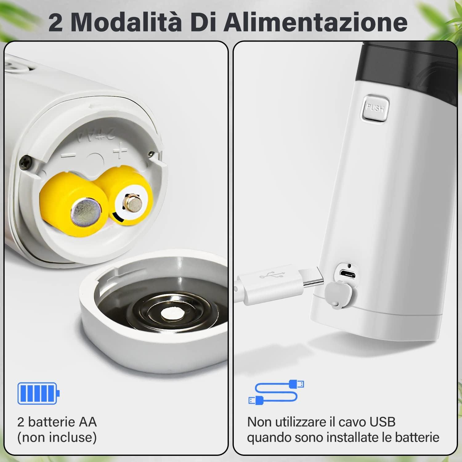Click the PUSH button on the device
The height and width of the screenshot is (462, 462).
[x=375, y=108]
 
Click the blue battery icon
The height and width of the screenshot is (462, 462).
[x=38, y=393]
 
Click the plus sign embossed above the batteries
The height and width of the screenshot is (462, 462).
[x=120, y=151]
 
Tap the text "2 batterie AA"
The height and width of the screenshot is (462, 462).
[x=57, y=422]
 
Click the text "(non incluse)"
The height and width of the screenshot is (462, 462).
[x=57, y=437]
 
